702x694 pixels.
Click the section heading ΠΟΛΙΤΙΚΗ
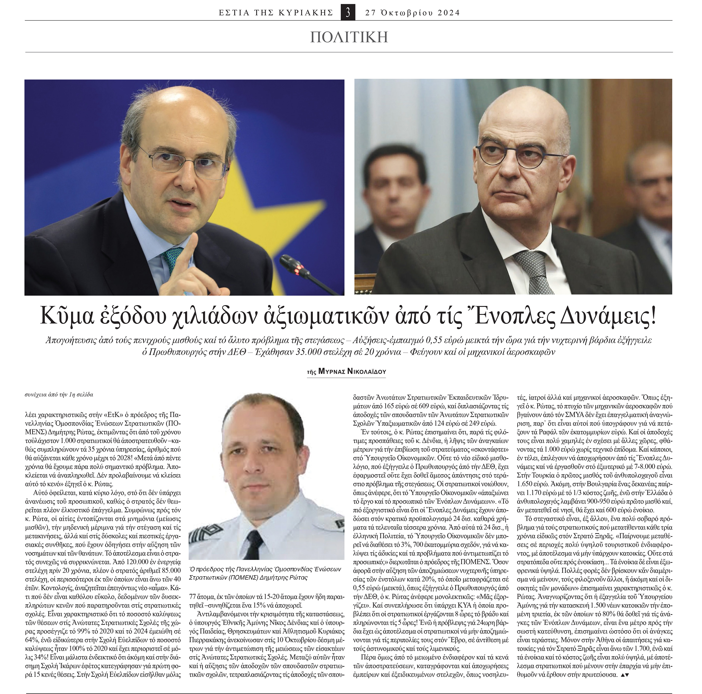pyautogui.click(x=349, y=37)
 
